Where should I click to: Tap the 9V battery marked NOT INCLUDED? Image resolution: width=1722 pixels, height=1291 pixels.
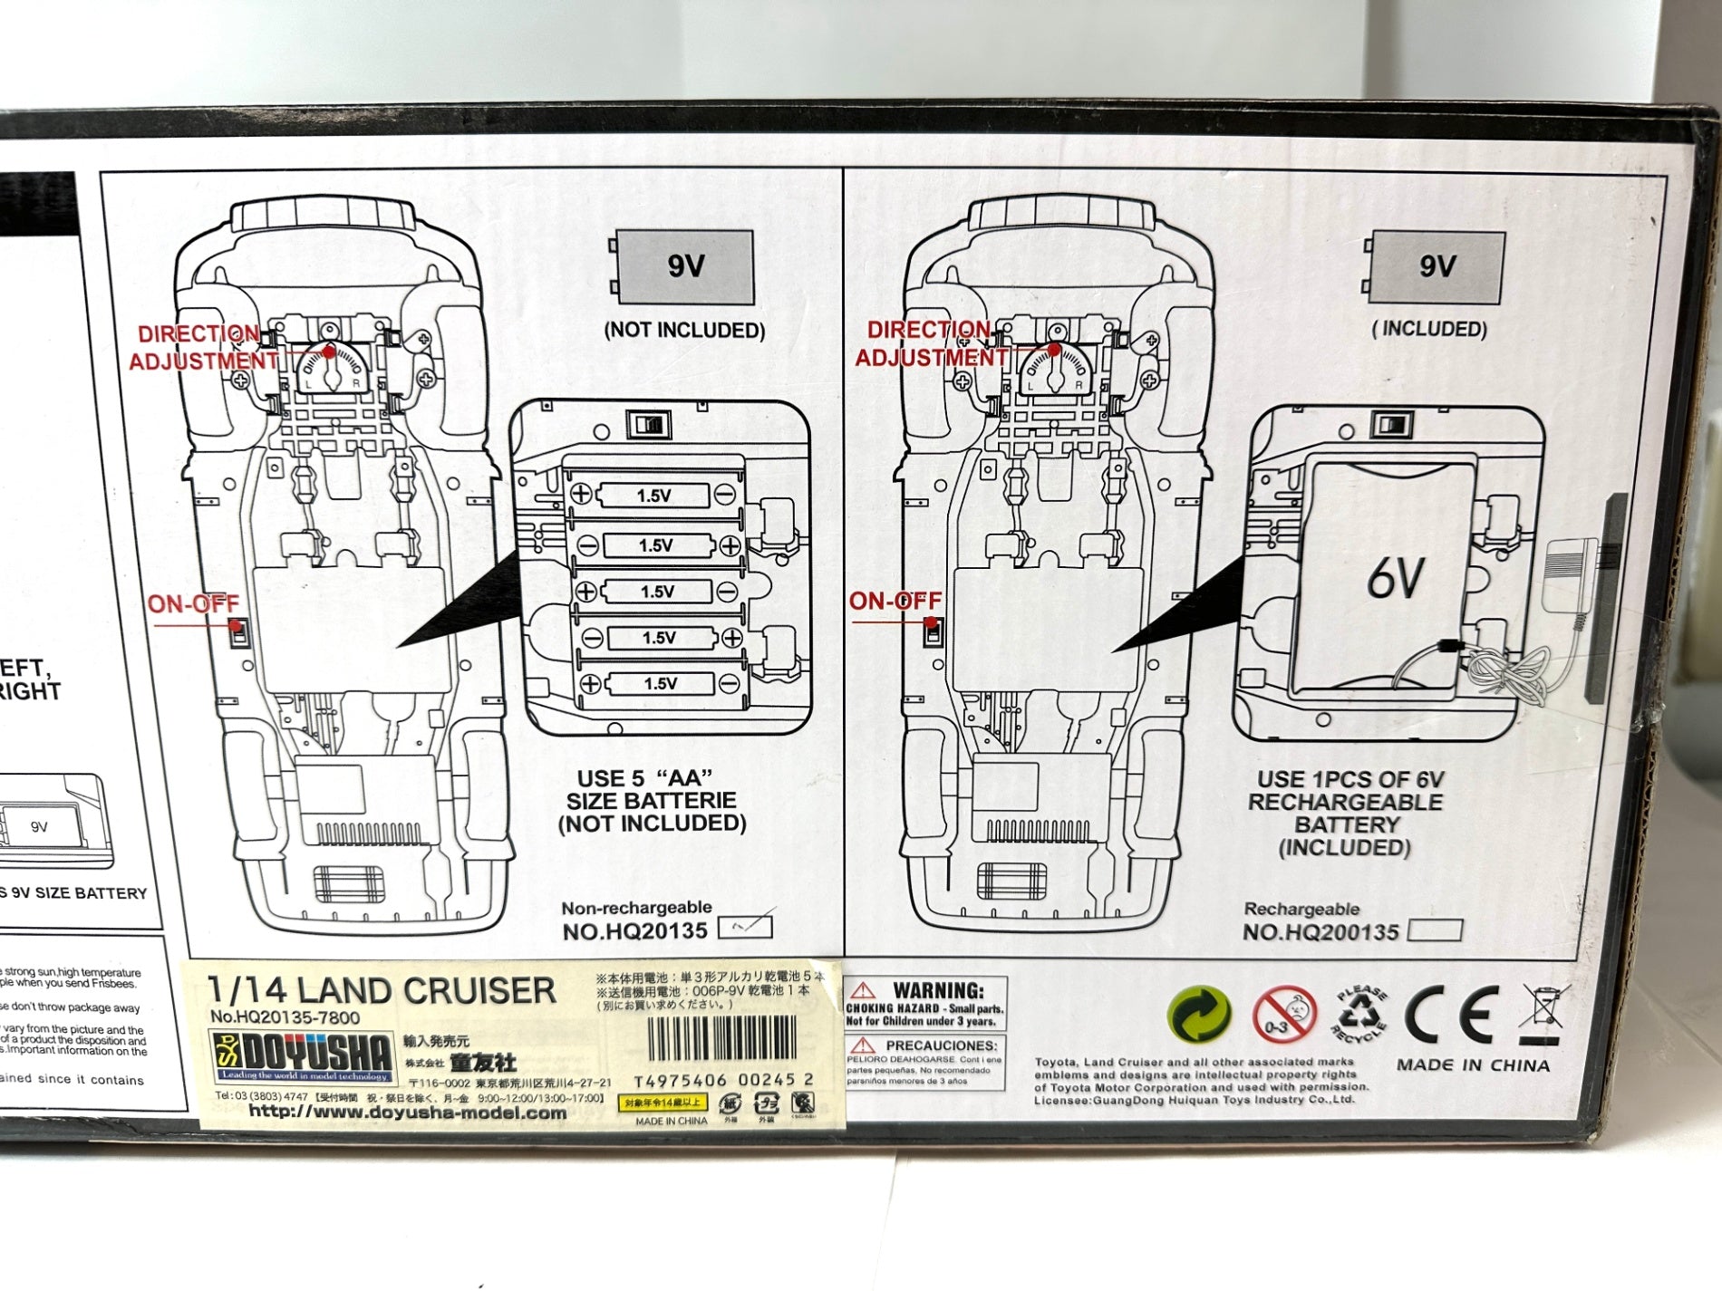(685, 266)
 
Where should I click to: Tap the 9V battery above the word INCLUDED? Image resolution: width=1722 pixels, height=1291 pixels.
(1436, 266)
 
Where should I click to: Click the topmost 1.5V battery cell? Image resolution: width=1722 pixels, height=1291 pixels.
(653, 496)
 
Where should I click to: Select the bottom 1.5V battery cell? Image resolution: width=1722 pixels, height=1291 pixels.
(660, 684)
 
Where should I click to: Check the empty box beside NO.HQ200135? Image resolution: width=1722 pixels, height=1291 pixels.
(1436, 930)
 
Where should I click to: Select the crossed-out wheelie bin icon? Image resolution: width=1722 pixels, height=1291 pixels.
(1541, 1015)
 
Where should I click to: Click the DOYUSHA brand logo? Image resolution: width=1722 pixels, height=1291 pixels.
(305, 1056)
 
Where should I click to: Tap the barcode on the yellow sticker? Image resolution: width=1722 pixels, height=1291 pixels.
(722, 1040)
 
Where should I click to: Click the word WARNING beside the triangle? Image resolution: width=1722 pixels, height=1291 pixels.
(938, 990)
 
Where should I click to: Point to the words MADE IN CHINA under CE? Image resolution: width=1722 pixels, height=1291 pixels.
(1473, 1065)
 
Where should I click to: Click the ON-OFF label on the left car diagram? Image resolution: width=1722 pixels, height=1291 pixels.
(193, 603)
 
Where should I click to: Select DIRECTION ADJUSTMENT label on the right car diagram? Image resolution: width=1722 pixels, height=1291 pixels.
(931, 343)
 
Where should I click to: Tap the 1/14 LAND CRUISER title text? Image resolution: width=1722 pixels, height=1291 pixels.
(382, 991)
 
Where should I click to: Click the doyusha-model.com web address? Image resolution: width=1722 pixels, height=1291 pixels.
(407, 1113)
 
